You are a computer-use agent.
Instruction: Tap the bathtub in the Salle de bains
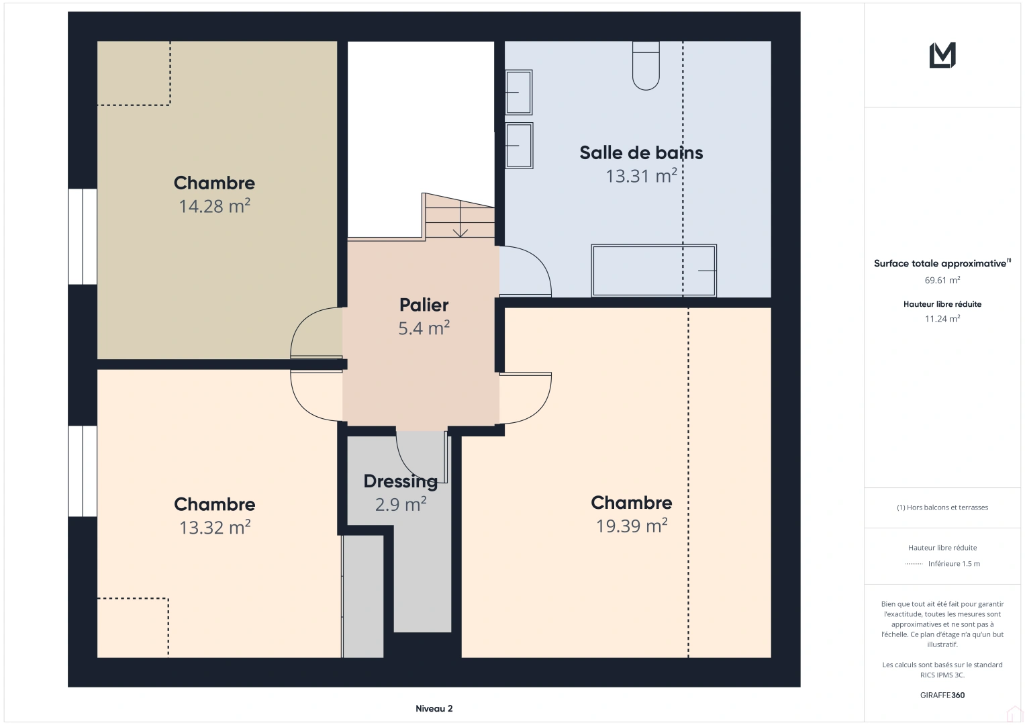[653, 271]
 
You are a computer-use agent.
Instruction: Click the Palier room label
[424, 305]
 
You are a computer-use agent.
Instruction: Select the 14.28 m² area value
[214, 206]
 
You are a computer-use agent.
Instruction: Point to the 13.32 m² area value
[214, 528]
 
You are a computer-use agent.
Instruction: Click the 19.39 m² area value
[631, 526]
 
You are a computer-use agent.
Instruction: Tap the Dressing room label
[400, 481]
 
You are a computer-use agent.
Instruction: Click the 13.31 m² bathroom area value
[640, 176]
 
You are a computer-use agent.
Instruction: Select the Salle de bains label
[640, 153]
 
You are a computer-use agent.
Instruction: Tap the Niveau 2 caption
[434, 709]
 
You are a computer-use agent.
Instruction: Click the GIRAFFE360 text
[942, 695]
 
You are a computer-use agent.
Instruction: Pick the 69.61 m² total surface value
[942, 281]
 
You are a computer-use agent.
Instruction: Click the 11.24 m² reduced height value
[942, 319]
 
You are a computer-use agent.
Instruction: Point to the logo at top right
[942, 55]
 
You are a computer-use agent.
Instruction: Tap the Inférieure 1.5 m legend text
[953, 564]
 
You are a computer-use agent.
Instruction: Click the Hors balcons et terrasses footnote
[942, 507]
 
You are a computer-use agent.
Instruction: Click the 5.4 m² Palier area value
[424, 328]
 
